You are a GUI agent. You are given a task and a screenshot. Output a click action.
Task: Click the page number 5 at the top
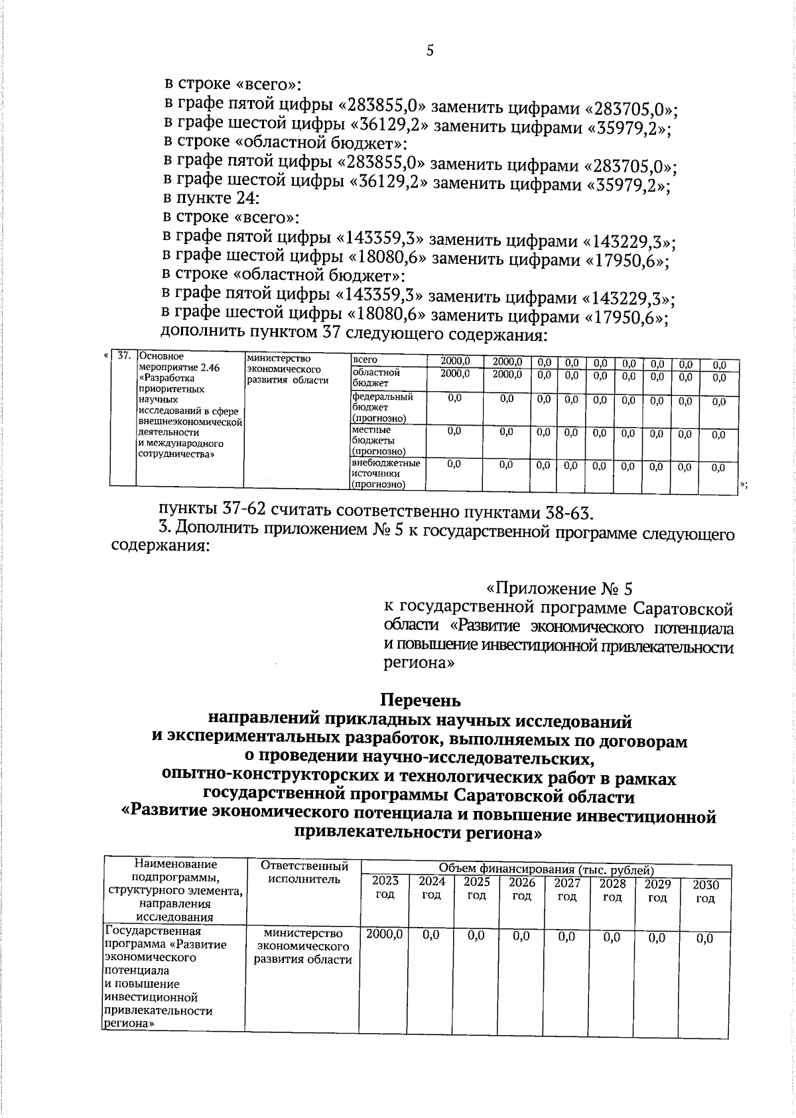[x=430, y=51]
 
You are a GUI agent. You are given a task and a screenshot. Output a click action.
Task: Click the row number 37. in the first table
[x=123, y=356]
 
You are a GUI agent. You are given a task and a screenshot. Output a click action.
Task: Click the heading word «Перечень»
[x=419, y=700]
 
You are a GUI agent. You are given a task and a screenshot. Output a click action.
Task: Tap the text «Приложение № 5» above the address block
[x=561, y=588]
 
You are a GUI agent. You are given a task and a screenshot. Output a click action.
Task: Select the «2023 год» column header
[x=385, y=887]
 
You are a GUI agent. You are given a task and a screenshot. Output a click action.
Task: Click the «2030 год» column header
[x=705, y=891]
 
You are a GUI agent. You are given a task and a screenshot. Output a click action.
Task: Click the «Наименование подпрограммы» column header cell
[x=175, y=890]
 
